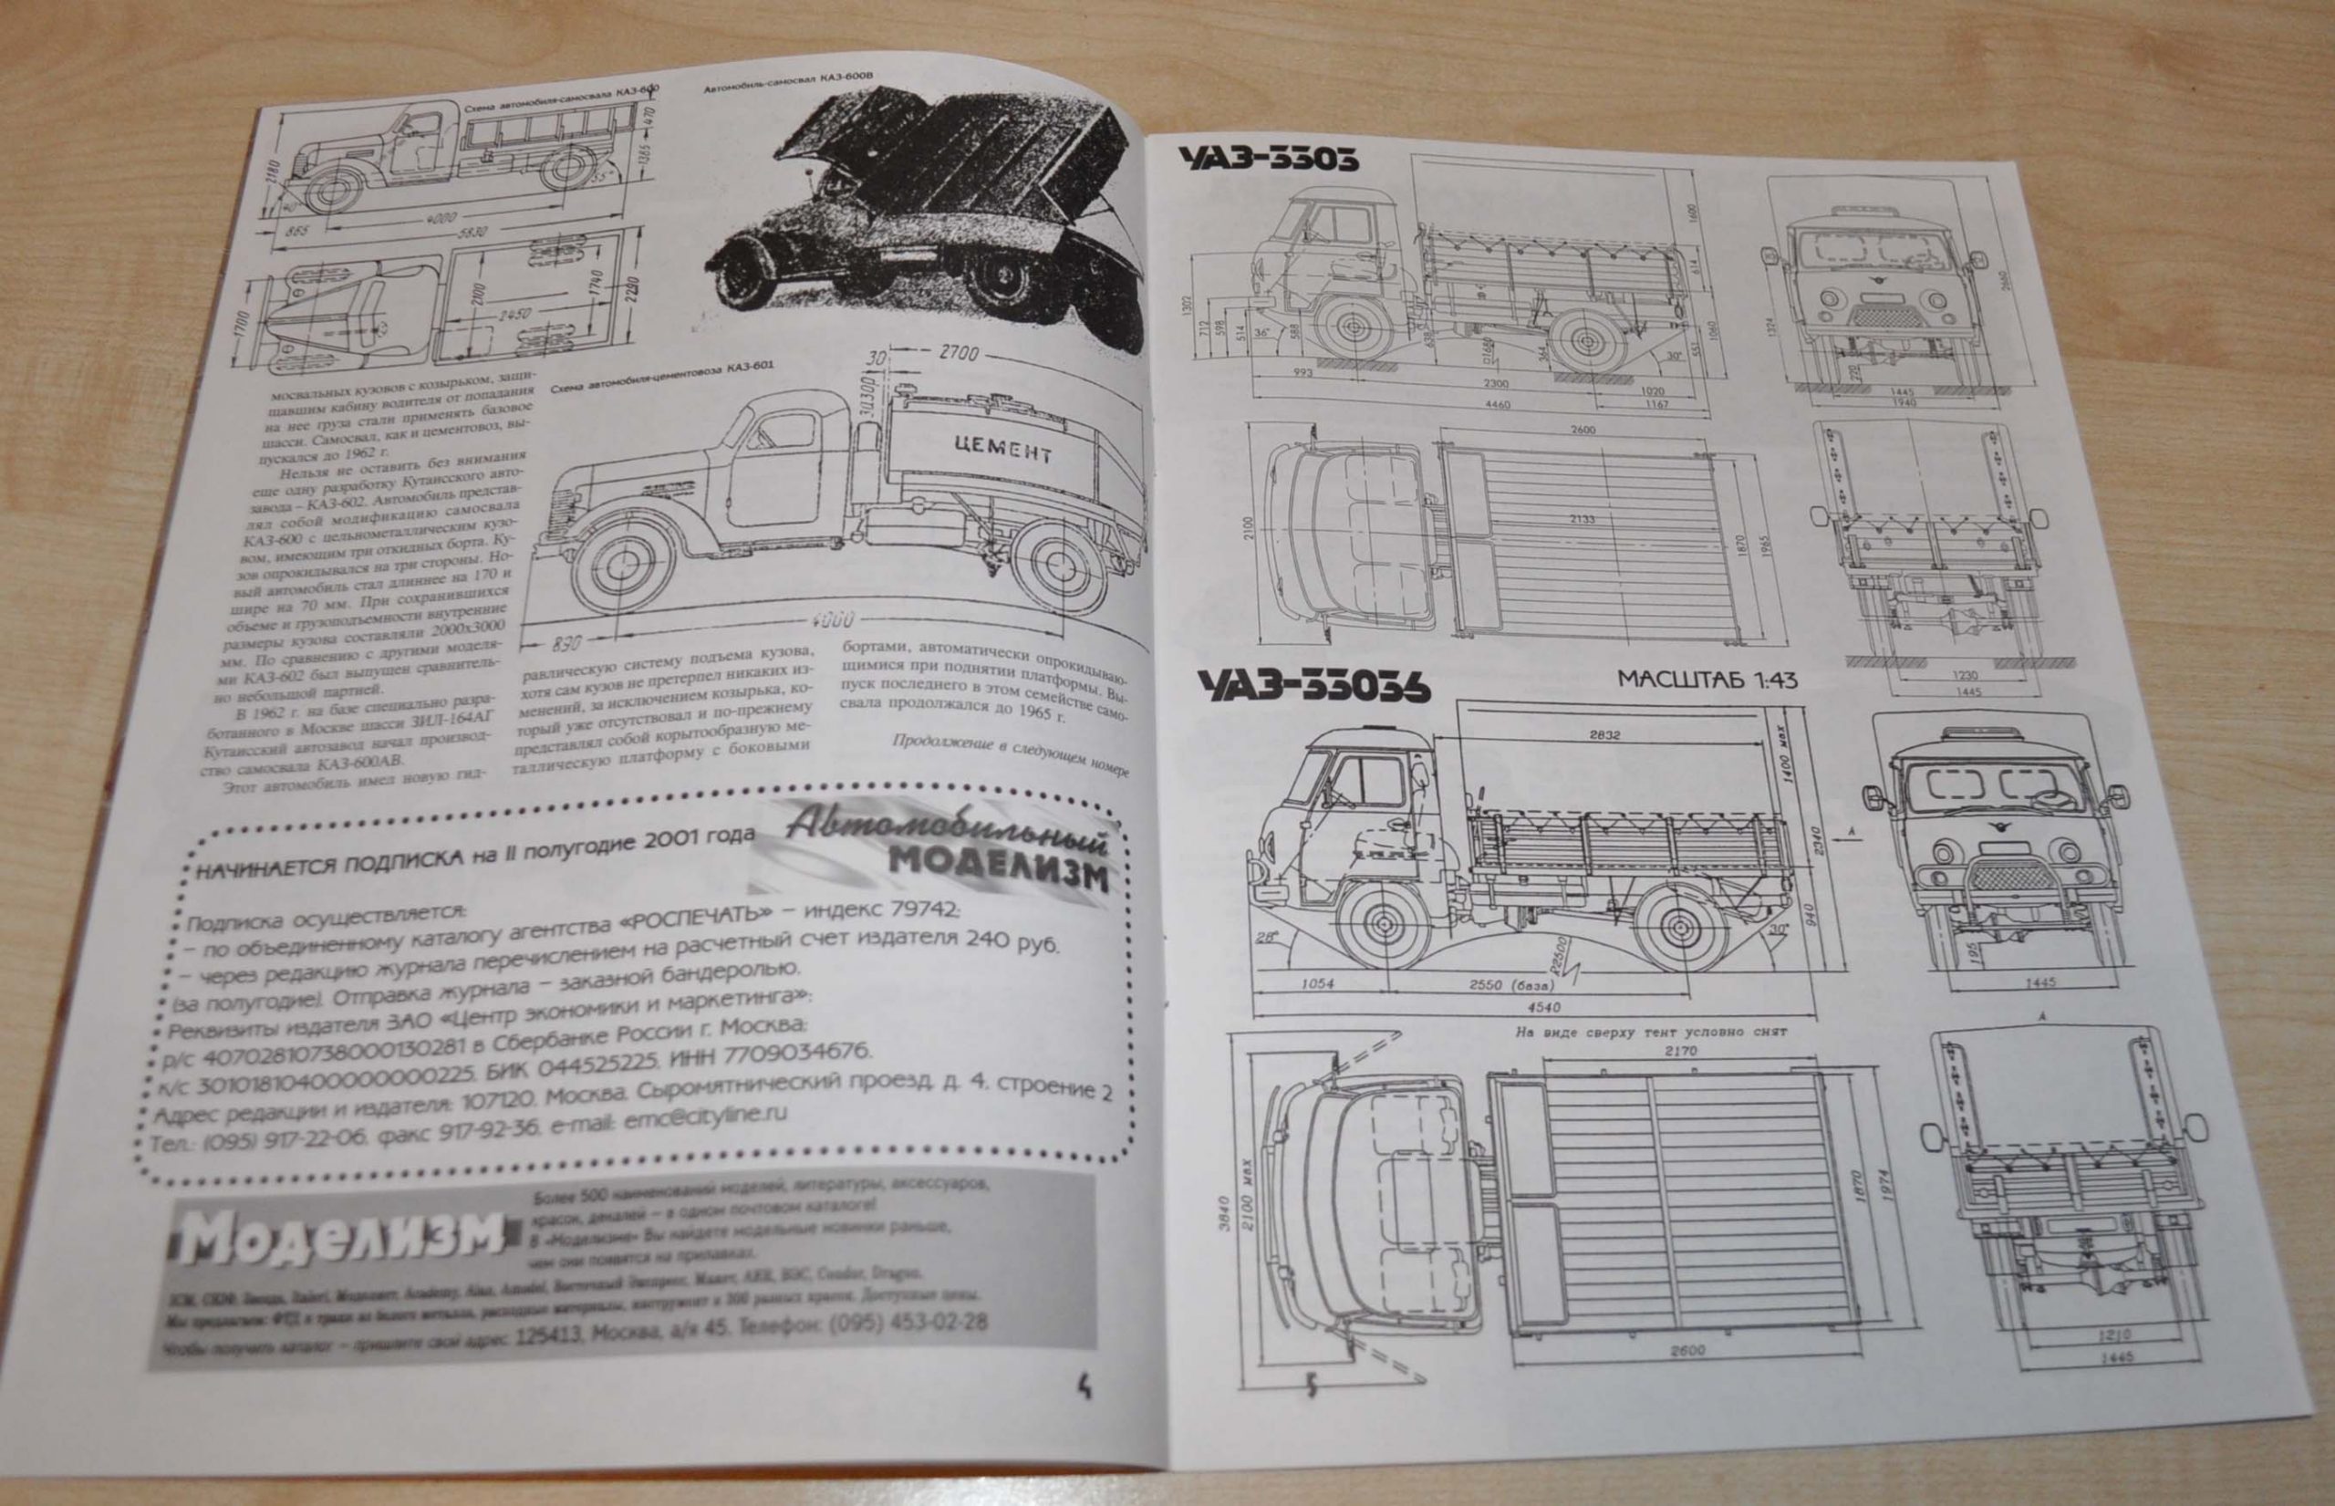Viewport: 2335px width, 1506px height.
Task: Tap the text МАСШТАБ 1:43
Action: pos(1708,680)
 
